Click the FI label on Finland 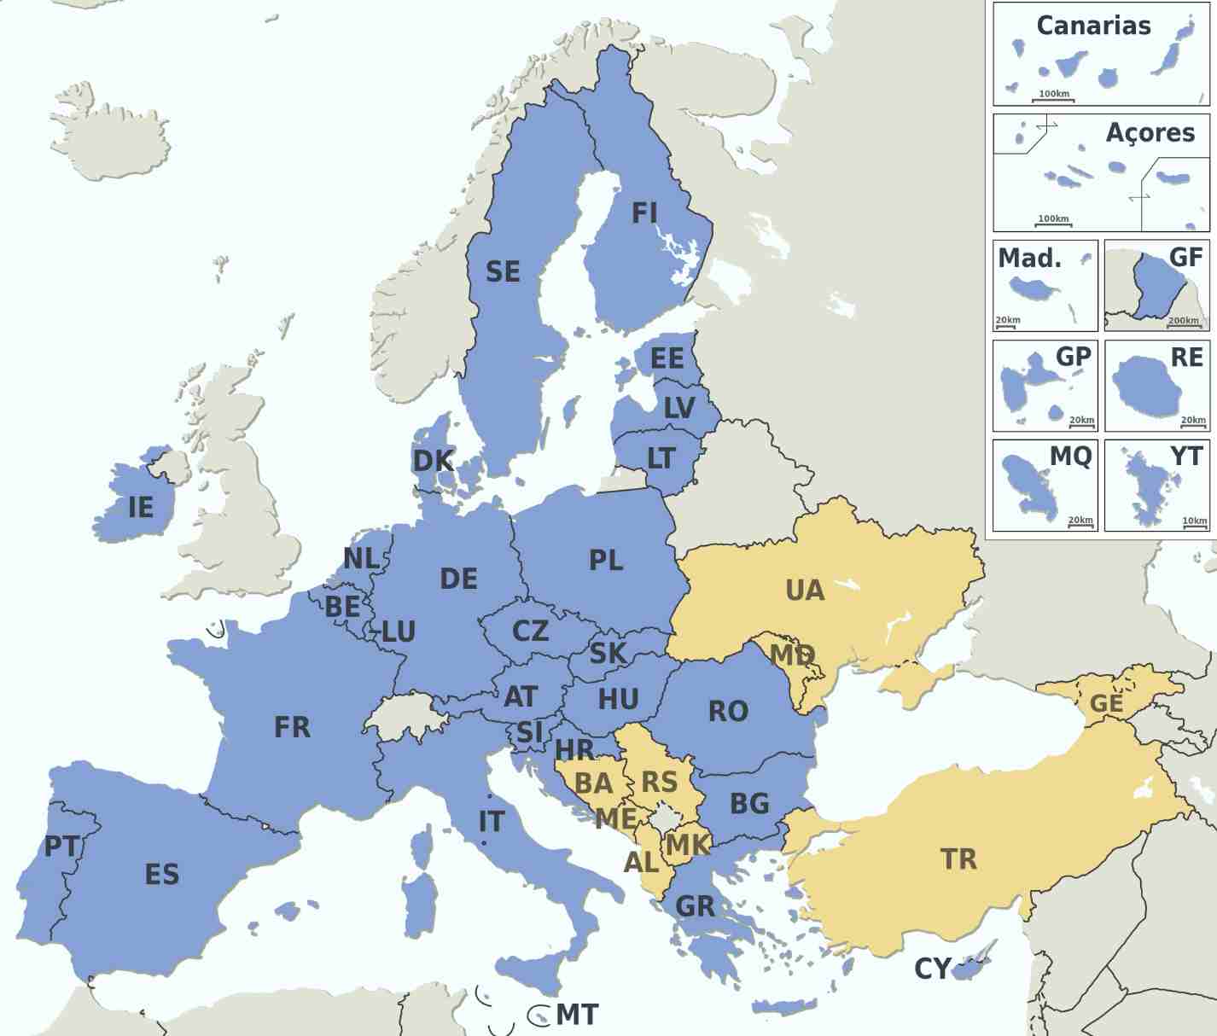(644, 212)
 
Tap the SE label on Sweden (503, 271)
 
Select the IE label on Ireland (141, 507)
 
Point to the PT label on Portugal (61, 847)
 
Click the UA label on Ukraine (805, 591)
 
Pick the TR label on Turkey (958, 858)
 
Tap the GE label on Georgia (1106, 704)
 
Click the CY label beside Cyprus (932, 969)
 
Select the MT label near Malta (577, 1015)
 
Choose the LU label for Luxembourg (398, 632)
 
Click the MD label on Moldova (792, 655)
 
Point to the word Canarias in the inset (1093, 26)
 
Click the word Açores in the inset (1150, 133)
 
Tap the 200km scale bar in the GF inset (1184, 323)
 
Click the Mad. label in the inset (1029, 258)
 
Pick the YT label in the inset (1185, 457)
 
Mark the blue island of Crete (785, 1008)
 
